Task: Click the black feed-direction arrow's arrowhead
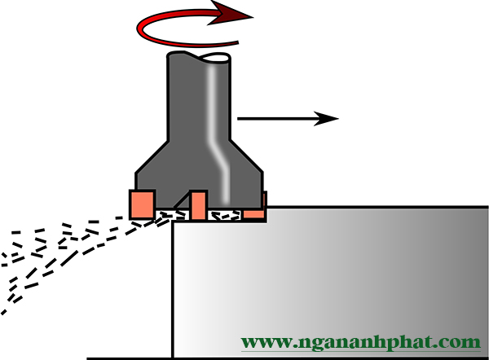point(327,118)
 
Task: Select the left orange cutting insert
point(142,204)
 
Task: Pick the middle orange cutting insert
point(198,204)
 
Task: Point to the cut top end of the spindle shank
point(200,58)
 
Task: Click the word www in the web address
point(265,341)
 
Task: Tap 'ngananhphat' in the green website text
point(368,342)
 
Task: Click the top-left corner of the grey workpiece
point(174,222)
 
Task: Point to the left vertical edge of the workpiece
point(173,285)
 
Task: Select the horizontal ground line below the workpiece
point(130,358)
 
